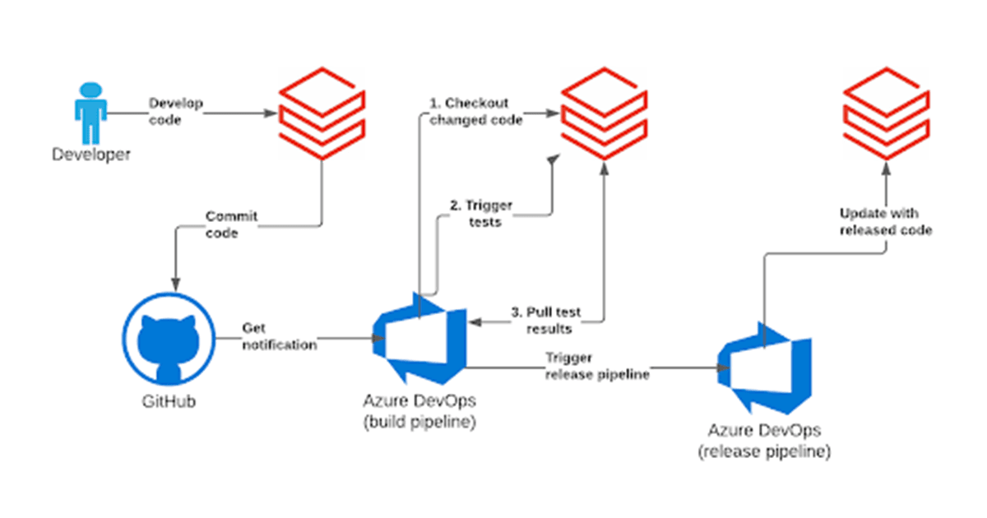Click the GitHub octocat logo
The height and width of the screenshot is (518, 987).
169,339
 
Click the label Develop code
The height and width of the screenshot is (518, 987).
175,111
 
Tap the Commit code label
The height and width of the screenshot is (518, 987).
231,224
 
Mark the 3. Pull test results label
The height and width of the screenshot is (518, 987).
545,320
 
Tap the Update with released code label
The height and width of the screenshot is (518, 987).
885,222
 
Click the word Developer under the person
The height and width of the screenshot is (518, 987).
91,155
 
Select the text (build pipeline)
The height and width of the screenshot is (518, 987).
418,422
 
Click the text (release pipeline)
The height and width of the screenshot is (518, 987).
764,451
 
